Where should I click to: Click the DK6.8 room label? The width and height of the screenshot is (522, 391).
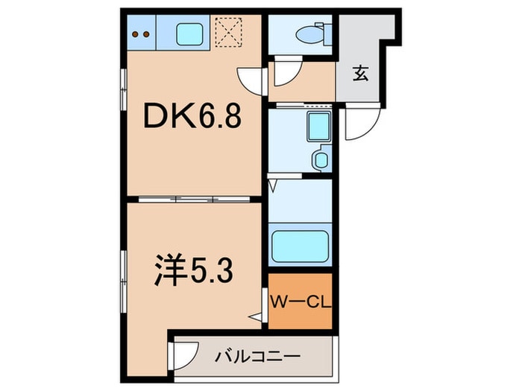[192, 116]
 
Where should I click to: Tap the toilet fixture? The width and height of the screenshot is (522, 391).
[309, 34]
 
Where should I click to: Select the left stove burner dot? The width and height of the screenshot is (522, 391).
[136, 33]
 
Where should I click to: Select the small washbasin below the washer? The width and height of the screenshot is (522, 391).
[321, 159]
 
